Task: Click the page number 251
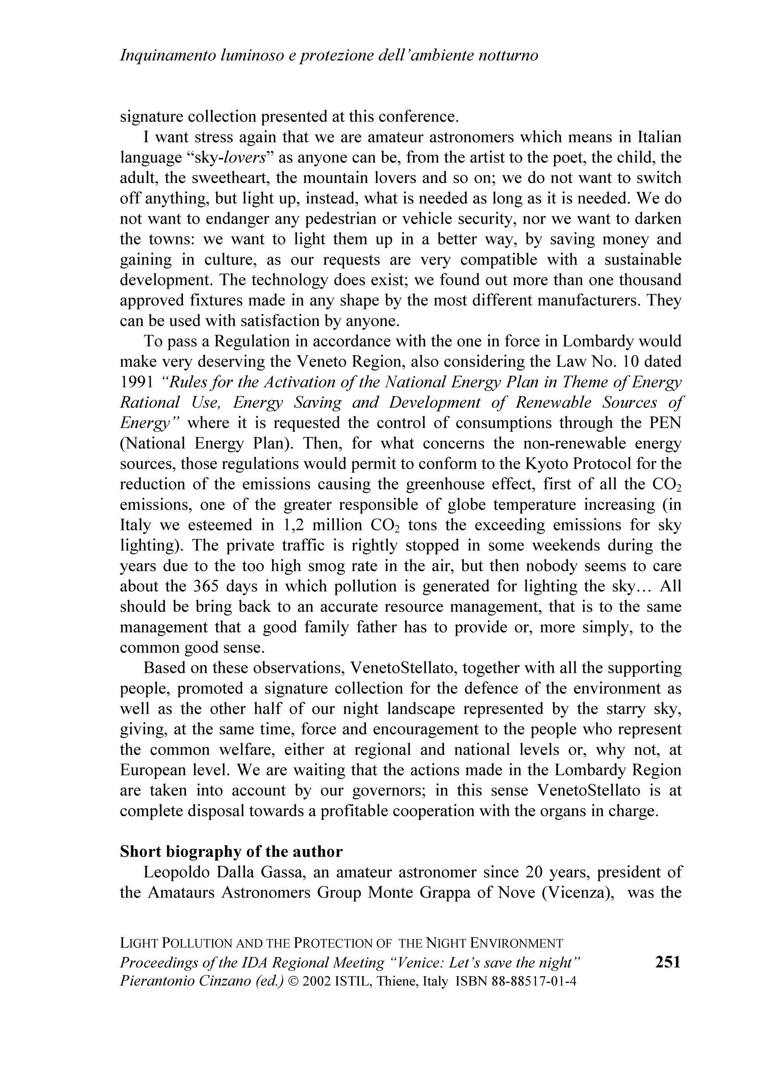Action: coord(668,962)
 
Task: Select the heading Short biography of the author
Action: coord(231,852)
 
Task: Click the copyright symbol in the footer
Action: coord(293,981)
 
